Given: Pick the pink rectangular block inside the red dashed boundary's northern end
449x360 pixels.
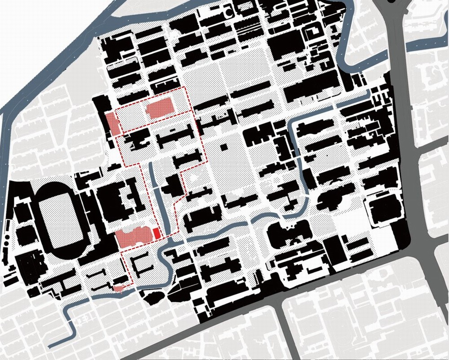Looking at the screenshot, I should pos(160,109).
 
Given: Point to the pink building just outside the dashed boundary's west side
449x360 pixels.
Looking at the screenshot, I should pos(112,124).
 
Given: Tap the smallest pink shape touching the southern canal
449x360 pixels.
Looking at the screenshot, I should pos(118,289).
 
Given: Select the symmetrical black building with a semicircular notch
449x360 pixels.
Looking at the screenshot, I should pos(289,234).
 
